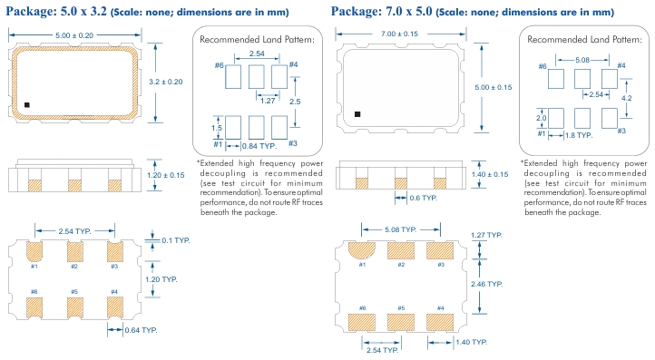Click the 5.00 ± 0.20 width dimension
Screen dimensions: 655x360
tap(74, 35)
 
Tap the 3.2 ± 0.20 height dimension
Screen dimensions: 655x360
tap(166, 82)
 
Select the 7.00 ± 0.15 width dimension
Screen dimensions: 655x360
tap(399, 34)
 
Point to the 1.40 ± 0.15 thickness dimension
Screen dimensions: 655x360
tap(490, 174)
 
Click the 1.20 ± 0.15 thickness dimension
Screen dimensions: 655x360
tap(165, 175)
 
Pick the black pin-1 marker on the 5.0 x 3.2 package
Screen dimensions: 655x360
tap(27, 105)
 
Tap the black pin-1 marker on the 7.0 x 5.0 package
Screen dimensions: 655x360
tap(357, 114)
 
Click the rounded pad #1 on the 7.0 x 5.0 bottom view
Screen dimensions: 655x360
tap(362, 250)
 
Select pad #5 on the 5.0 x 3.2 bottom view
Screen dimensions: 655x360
tap(74, 307)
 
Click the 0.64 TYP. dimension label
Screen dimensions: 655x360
tap(141, 330)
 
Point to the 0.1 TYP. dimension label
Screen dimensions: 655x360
tap(176, 240)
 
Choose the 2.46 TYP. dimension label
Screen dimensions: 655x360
tap(486, 284)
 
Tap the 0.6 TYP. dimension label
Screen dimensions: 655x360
tap(423, 198)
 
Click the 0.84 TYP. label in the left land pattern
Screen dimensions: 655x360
tap(259, 146)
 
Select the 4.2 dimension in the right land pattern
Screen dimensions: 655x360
tap(627, 98)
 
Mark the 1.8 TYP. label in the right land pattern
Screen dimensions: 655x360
tap(579, 135)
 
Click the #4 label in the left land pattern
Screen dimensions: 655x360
tap(293, 64)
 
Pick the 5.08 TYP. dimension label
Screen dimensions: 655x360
tap(401, 229)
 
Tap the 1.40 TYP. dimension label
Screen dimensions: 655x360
tap(471, 343)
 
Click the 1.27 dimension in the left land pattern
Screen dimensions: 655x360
tap(268, 101)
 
